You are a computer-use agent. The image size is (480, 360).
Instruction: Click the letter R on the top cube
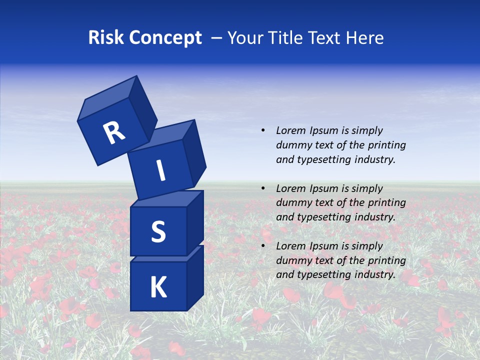pos(114,133)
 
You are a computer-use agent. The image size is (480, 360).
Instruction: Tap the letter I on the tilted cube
pos(160,170)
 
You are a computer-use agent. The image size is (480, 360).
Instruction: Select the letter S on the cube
pos(158,231)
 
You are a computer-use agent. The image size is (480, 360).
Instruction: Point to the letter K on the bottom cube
pos(158,287)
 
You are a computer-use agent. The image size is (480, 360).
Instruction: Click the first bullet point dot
pos(263,130)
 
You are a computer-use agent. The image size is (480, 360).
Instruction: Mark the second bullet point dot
pos(263,188)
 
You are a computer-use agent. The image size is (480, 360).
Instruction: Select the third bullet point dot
pos(263,246)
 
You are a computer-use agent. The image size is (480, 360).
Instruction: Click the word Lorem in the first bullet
pos(290,130)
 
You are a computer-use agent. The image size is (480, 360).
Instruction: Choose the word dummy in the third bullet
pos(292,260)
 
